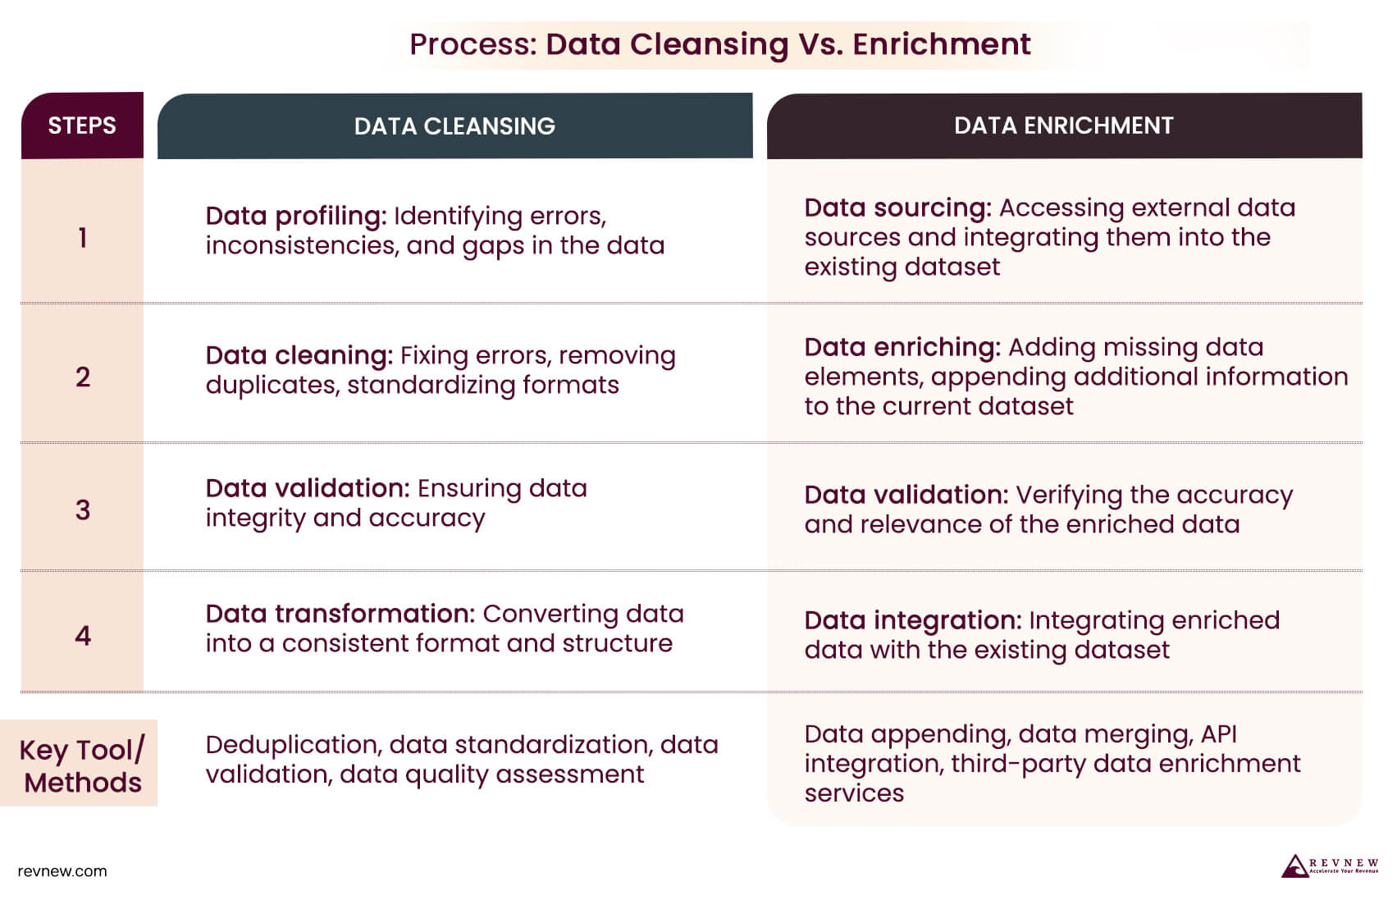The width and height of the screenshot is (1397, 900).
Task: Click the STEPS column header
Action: coord(82,126)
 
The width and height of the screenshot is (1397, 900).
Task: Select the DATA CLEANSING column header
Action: coord(454,126)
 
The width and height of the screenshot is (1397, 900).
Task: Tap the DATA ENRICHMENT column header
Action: coord(1063,126)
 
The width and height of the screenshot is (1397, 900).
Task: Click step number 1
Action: coord(82,238)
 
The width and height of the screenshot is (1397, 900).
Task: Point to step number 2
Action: coord(82,377)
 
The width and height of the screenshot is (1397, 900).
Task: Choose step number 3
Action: coord(82,509)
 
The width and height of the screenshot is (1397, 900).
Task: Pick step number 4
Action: coord(82,635)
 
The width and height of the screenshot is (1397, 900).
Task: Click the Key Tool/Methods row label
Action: coord(82,765)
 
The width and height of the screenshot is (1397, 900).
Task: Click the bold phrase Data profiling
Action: coord(295,216)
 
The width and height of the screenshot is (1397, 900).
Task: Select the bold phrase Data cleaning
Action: coord(299,355)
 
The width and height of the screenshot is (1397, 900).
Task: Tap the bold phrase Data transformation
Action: coord(340,614)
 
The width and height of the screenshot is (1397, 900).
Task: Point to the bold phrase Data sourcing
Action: coord(897,208)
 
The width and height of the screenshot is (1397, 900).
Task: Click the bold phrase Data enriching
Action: coord(902,347)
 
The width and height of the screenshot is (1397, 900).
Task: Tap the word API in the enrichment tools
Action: coord(1218,733)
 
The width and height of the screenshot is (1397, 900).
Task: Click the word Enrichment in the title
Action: coord(941,44)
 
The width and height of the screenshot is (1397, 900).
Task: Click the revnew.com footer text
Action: coord(62,871)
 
